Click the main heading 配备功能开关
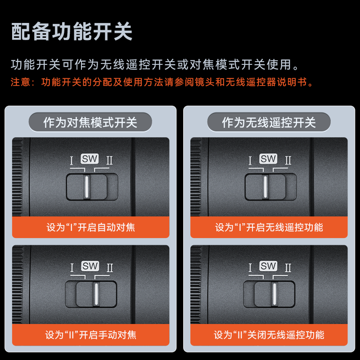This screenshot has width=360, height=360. click(72, 31)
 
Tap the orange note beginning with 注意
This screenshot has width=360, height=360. click(162, 82)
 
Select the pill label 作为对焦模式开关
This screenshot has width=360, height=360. click(90, 122)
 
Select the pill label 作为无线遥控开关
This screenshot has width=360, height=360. click(269, 122)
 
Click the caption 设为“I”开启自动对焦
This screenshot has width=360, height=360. click(91, 227)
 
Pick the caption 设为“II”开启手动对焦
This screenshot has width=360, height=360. click(91, 335)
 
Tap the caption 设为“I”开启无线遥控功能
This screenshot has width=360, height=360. click(269, 227)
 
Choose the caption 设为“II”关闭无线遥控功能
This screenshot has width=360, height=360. click(269, 335)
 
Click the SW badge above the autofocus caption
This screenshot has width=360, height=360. click(90, 159)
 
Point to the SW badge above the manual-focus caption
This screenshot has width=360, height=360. click(90, 266)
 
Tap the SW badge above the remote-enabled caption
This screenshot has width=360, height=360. click(268, 159)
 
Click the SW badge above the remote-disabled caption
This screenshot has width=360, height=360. click(268, 266)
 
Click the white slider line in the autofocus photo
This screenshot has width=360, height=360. click(86, 187)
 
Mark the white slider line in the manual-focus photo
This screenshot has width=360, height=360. click(96, 294)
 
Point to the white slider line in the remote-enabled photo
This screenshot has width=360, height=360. click(265, 187)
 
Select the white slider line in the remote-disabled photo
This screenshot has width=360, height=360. click(274, 294)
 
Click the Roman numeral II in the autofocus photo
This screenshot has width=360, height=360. click(109, 161)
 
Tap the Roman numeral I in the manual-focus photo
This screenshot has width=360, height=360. click(72, 268)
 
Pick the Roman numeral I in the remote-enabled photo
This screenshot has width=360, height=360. click(250, 161)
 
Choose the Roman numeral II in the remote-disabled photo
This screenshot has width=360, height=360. click(288, 268)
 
